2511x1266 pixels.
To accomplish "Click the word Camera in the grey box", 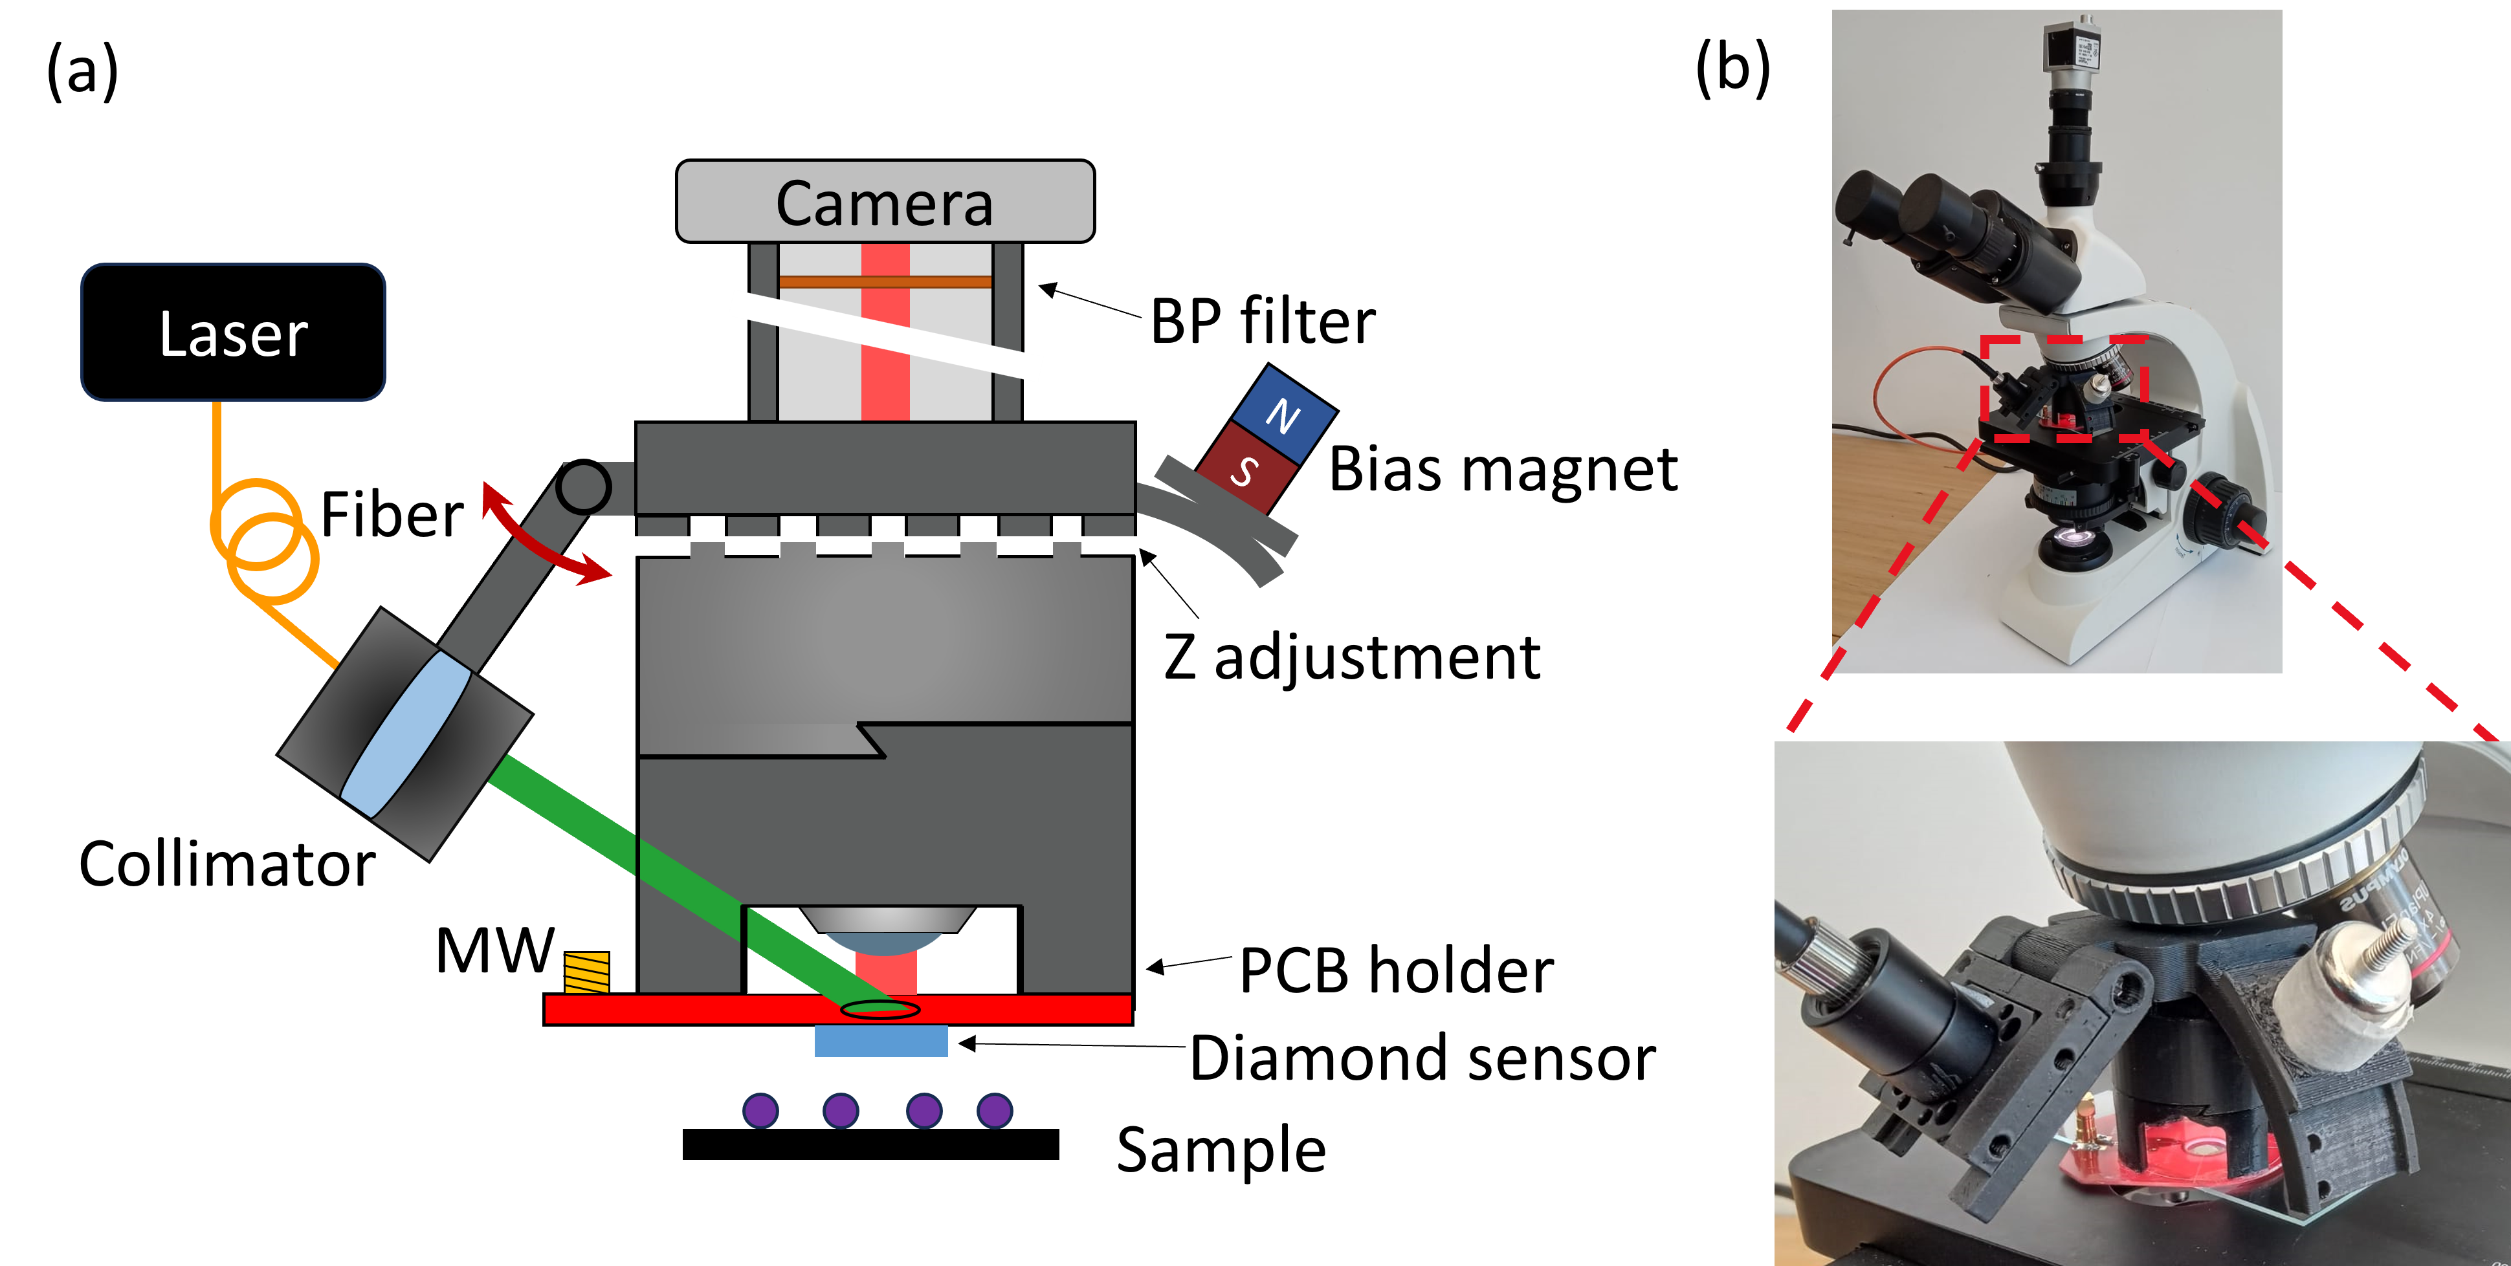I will click(x=884, y=204).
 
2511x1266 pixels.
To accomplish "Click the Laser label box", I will click(x=233, y=333).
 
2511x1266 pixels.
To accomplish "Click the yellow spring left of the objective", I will click(x=587, y=972).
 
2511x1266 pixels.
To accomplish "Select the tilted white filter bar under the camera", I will click(x=885, y=335).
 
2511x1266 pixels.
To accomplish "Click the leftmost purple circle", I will click(x=760, y=1110).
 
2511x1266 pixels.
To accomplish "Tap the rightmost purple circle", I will click(x=994, y=1110).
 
